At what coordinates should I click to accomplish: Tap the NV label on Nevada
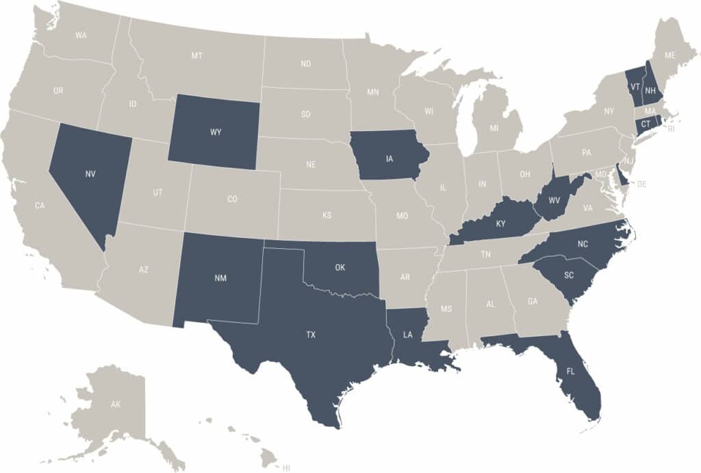click(x=90, y=173)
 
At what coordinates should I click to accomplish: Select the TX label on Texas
click(x=311, y=335)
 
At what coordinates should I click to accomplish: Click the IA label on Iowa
click(x=390, y=159)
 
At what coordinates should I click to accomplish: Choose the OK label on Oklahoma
click(x=340, y=267)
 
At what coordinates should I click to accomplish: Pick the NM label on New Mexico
click(x=220, y=278)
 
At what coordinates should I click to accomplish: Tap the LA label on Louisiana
click(x=408, y=335)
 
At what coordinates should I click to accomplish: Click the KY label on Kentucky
click(x=500, y=223)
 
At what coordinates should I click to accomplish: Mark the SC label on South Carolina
click(x=569, y=275)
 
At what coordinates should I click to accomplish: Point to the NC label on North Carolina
click(x=583, y=243)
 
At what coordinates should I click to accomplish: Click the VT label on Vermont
click(x=635, y=88)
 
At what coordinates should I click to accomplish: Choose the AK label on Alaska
click(x=116, y=405)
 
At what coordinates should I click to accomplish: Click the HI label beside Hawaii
click(x=286, y=468)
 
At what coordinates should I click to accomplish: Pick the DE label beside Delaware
click(x=642, y=184)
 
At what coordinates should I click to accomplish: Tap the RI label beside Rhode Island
click(x=671, y=128)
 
